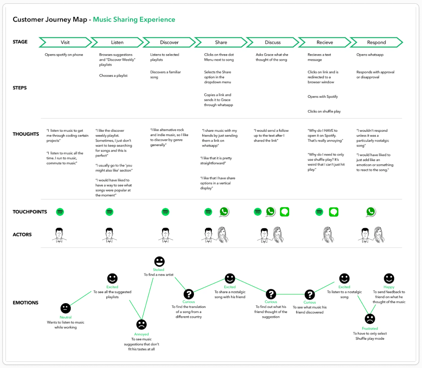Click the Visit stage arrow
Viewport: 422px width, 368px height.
coord(65,42)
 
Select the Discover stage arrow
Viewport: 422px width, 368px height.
coord(169,42)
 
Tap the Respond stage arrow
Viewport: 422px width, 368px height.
coord(377,42)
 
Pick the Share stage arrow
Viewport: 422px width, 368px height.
coord(221,42)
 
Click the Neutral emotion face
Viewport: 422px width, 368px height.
coord(66,308)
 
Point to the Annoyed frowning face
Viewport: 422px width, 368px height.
coord(141,324)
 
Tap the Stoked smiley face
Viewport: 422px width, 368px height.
coord(159,261)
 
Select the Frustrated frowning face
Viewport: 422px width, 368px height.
coord(370,319)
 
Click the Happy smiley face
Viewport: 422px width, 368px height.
coord(389,278)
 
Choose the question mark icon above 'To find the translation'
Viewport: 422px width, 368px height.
coord(189,294)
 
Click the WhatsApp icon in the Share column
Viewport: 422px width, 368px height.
coord(224,212)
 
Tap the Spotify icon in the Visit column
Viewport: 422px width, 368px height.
coord(60,212)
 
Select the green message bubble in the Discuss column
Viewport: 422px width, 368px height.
coord(284,212)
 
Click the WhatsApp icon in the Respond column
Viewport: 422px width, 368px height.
coord(371,212)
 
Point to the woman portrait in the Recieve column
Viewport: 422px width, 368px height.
coord(328,235)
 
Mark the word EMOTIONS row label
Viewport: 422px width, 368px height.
coord(25,303)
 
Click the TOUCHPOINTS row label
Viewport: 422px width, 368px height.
coord(30,212)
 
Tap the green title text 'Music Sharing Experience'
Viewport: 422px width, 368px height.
coord(134,19)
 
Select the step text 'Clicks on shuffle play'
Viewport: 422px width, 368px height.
coord(324,111)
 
